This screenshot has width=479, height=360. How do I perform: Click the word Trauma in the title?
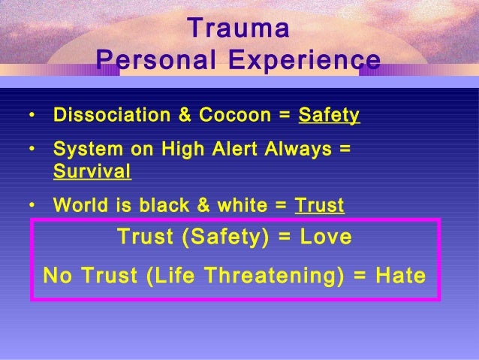(238, 28)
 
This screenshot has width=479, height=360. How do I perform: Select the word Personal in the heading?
(156, 60)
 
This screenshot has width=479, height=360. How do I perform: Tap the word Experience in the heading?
(305, 60)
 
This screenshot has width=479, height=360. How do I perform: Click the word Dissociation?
(112, 115)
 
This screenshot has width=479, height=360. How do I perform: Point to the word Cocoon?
(235, 115)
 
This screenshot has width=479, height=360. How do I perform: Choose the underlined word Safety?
(329, 116)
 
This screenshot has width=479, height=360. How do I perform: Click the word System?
(88, 150)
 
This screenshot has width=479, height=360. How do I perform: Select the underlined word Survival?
(92, 171)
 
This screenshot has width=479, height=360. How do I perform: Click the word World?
(80, 204)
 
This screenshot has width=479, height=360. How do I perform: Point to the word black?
(164, 204)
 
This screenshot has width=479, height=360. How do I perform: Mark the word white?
(243, 204)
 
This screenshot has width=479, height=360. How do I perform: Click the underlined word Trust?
(320, 205)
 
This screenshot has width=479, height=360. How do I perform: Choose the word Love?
(326, 237)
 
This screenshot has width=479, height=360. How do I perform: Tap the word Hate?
(400, 275)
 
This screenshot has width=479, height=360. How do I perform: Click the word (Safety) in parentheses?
(225, 237)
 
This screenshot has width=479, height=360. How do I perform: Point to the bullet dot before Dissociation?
(32, 115)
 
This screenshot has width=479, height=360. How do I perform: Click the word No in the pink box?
(58, 275)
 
